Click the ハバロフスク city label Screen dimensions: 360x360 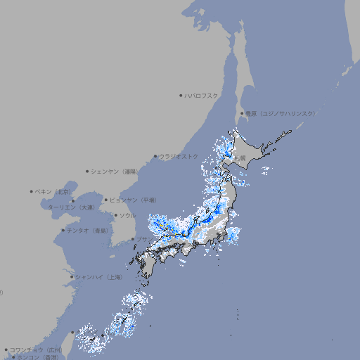[x=202, y=95]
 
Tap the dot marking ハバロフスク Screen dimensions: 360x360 [x=181, y=95]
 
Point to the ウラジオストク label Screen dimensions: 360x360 [x=179, y=156]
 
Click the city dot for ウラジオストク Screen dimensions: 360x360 [x=155, y=157]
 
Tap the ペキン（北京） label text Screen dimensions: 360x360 [x=54, y=191]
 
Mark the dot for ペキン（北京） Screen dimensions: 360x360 [x=32, y=191]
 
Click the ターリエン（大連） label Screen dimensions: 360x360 [x=71, y=207]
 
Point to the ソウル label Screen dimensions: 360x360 [x=127, y=215]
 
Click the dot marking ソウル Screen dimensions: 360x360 [x=115, y=215]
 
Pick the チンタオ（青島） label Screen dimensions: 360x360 [x=88, y=230]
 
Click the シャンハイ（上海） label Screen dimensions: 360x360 [x=98, y=277]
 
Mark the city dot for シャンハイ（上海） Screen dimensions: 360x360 [x=72, y=277]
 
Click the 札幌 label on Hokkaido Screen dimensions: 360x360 [x=241, y=157]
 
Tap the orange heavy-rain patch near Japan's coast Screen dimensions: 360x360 [x=162, y=227]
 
